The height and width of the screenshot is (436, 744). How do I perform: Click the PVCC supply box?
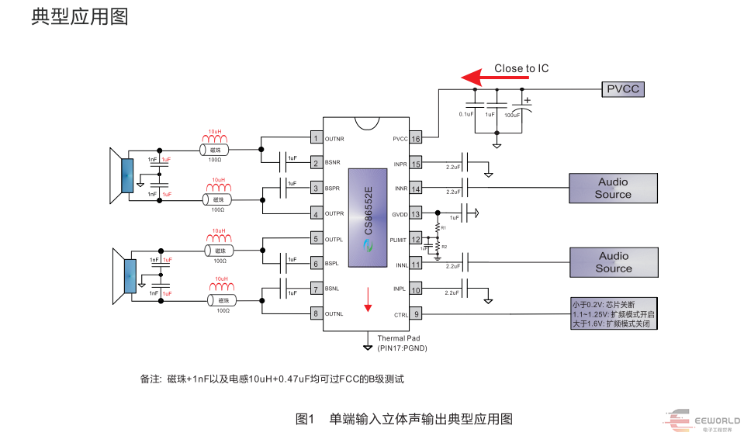click(623, 89)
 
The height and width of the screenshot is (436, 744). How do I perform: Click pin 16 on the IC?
click(416, 139)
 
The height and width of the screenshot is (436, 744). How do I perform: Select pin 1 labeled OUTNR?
click(316, 139)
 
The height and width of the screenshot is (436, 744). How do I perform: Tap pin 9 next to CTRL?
click(416, 314)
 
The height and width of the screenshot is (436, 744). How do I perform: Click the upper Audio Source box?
click(613, 189)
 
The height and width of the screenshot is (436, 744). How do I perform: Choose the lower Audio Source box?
click(613, 262)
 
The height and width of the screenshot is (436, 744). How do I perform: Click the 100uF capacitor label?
click(513, 115)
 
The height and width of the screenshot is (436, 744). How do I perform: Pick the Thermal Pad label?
click(399, 338)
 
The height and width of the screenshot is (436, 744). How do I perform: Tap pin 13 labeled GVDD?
click(416, 213)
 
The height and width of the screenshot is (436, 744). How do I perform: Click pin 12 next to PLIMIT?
click(416, 240)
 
